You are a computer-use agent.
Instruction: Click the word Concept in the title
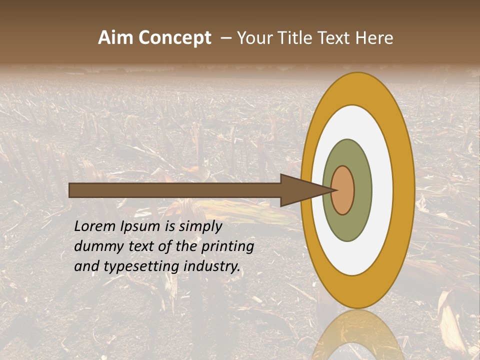(x=175, y=38)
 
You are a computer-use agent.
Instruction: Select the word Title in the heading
(x=295, y=38)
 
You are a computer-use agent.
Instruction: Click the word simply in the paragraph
(x=200, y=226)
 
